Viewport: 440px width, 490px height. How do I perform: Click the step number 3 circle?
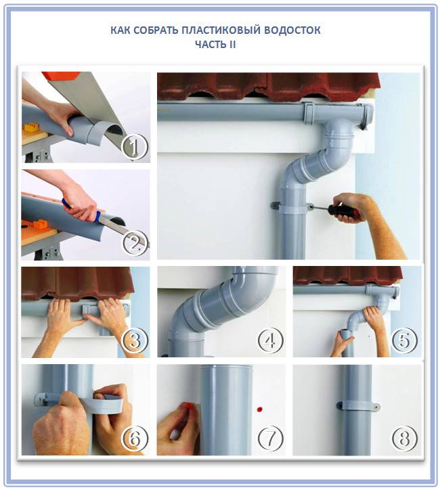[x=134, y=341]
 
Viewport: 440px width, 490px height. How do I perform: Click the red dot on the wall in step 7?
[x=259, y=409]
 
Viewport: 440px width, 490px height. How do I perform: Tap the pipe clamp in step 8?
[x=355, y=408]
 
